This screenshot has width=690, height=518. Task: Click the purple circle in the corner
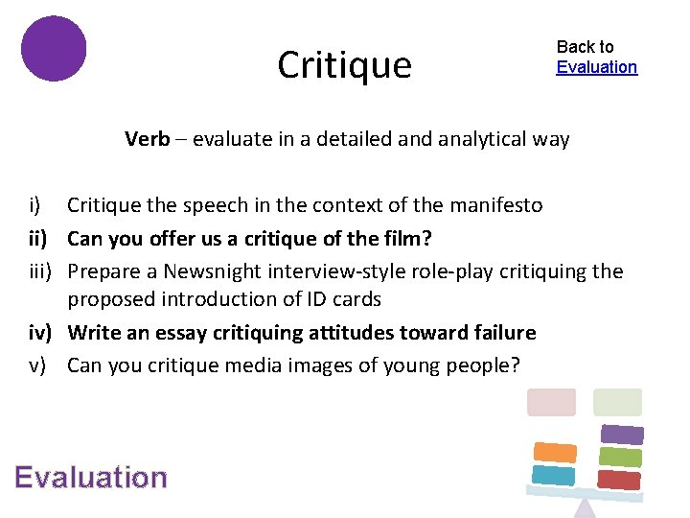pyautogui.click(x=54, y=48)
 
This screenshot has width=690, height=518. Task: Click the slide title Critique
pyautogui.click(x=344, y=65)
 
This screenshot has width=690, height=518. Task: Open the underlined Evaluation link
pyautogui.click(x=596, y=67)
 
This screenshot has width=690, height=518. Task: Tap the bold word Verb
pyautogui.click(x=146, y=139)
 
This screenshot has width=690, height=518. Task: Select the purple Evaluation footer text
pyautogui.click(x=91, y=478)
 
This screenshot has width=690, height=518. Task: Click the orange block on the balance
pyautogui.click(x=555, y=452)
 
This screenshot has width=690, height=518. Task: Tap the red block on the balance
pyautogui.click(x=618, y=479)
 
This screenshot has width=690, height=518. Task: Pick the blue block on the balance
pyautogui.click(x=553, y=475)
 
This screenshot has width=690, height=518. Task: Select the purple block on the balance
pyautogui.click(x=622, y=435)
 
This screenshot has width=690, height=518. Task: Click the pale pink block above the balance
pyautogui.click(x=551, y=402)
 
